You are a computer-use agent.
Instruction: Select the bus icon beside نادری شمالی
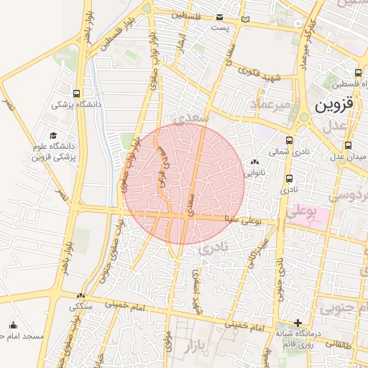click(289, 141)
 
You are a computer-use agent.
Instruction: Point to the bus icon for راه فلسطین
click(359, 73)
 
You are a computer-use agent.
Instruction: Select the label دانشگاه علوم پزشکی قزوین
click(53, 151)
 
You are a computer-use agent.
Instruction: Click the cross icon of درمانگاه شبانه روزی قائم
click(298, 323)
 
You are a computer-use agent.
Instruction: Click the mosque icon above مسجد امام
click(14, 324)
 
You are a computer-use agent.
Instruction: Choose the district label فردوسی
click(348, 195)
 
